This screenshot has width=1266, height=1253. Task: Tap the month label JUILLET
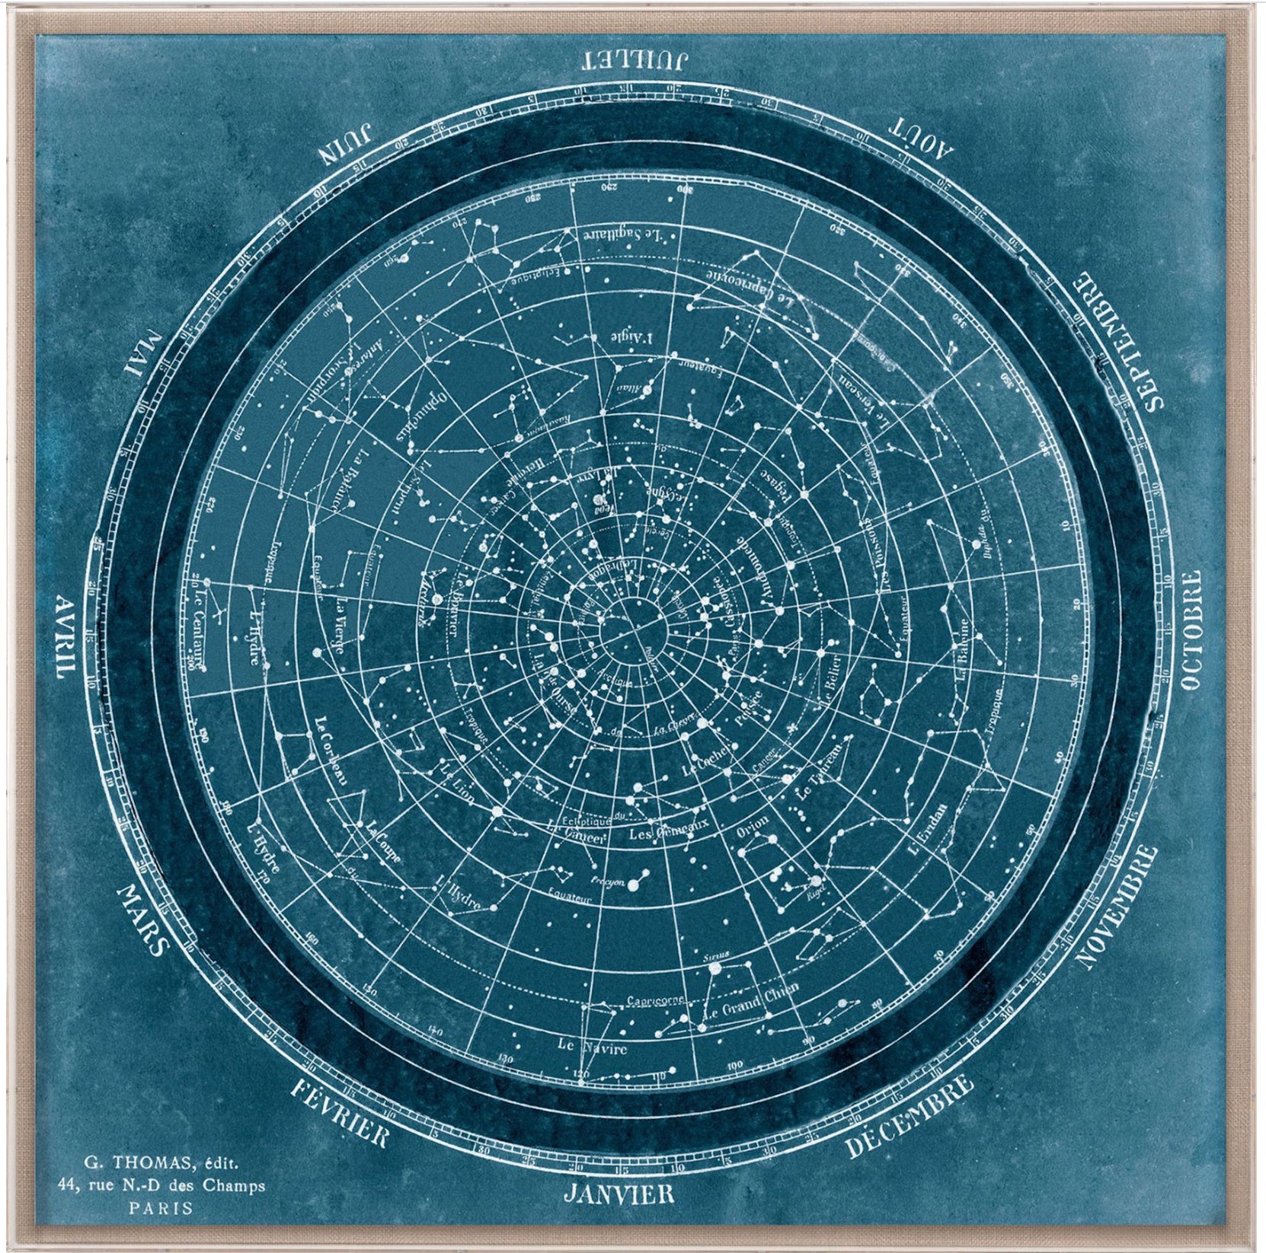pos(635,59)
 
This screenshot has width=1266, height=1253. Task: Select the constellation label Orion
pos(753,830)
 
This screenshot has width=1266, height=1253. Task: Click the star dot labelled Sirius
pos(715,968)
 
